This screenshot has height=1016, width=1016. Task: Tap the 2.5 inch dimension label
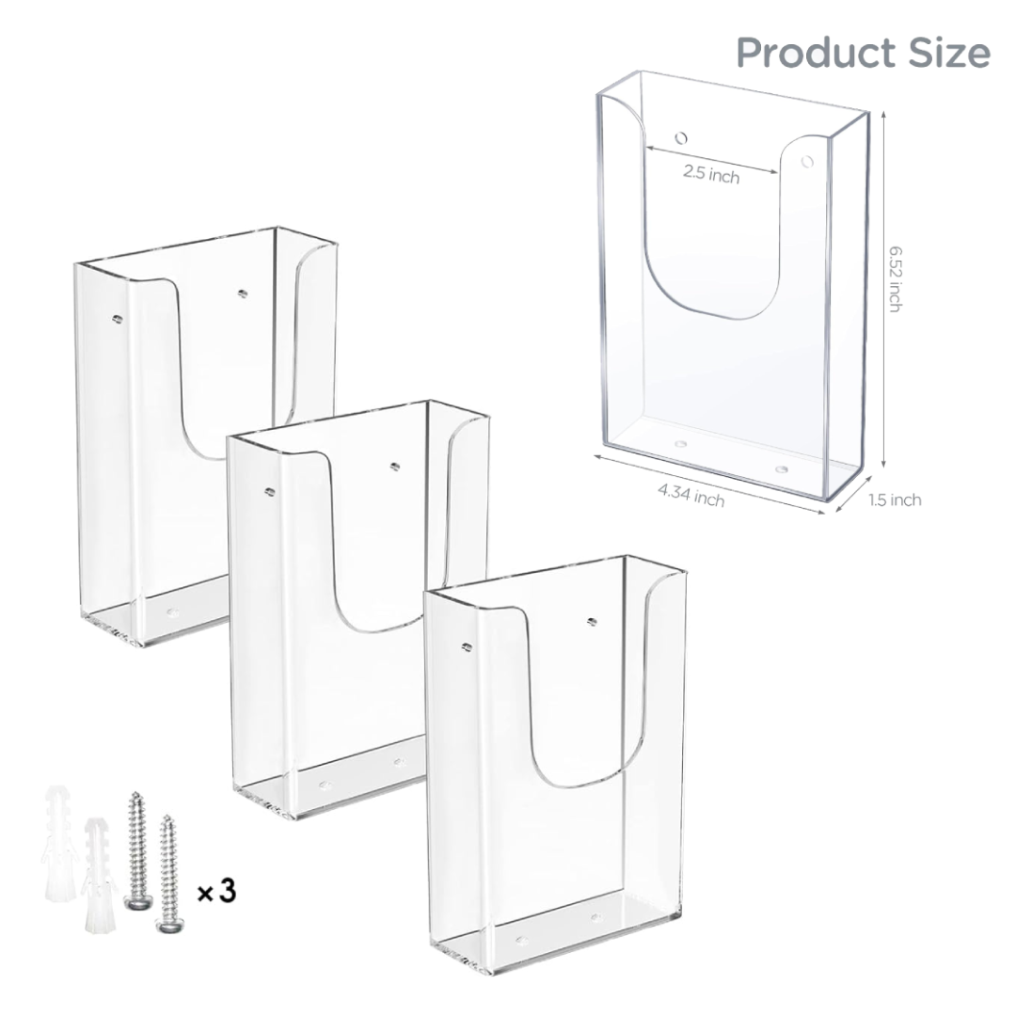click(x=711, y=174)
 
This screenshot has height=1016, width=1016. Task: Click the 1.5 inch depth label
click(x=895, y=500)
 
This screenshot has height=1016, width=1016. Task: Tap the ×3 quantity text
click(x=216, y=892)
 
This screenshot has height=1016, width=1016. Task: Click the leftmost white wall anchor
click(x=59, y=844)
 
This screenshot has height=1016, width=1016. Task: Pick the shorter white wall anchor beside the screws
click(x=99, y=875)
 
